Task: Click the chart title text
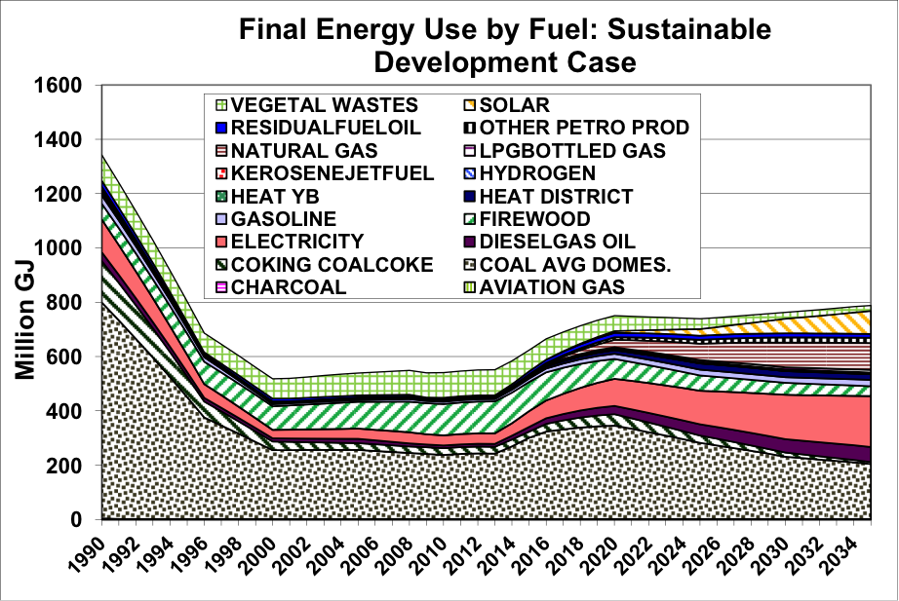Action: (x=505, y=46)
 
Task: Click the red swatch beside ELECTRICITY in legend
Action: (x=219, y=241)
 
